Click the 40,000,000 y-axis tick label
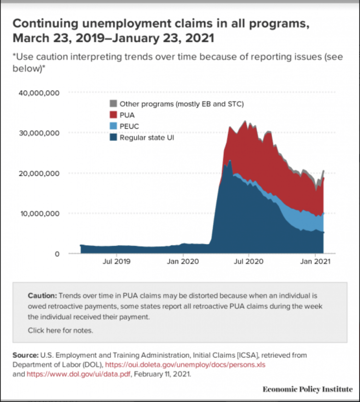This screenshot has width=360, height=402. tap(39, 93)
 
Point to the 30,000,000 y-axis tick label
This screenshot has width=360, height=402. tap(39, 133)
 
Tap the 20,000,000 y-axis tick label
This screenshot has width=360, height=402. tap(39, 173)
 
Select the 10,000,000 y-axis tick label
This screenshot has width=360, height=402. tap(39, 213)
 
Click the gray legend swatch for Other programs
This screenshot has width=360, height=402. tap(113, 103)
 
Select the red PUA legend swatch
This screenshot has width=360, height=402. tap(113, 115)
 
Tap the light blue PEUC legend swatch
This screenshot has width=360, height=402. tap(113, 126)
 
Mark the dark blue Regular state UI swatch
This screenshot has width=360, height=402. tap(113, 138)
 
